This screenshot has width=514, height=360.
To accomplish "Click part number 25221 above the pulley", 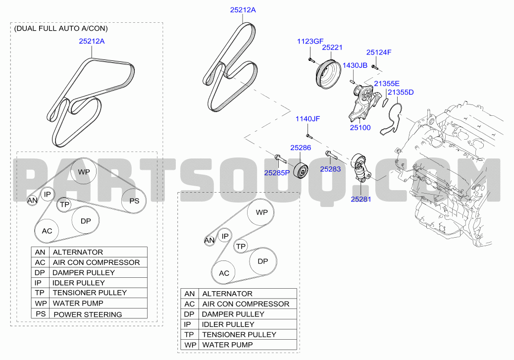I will (x=332, y=48).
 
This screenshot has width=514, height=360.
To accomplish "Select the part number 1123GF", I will (x=310, y=42).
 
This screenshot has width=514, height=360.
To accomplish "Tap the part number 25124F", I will (x=379, y=52).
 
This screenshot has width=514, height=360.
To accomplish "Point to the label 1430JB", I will (x=355, y=65).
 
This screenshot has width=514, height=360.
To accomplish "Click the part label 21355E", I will (x=386, y=83).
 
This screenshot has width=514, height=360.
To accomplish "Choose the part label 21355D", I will (x=401, y=92).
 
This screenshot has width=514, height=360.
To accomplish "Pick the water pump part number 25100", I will (x=360, y=127).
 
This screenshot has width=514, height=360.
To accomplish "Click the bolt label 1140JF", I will (x=308, y=119).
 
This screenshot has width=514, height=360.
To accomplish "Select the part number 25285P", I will (x=277, y=173).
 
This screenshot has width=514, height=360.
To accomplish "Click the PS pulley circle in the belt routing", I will (x=134, y=201).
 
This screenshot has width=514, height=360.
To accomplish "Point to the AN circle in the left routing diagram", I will (x=32, y=201).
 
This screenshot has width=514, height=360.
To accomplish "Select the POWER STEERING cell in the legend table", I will (x=87, y=314).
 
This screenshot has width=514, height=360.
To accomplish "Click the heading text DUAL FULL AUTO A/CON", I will (x=61, y=29).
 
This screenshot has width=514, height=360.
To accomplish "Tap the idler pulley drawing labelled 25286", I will (x=301, y=170).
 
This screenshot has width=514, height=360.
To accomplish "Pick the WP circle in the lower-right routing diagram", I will (x=261, y=212).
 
